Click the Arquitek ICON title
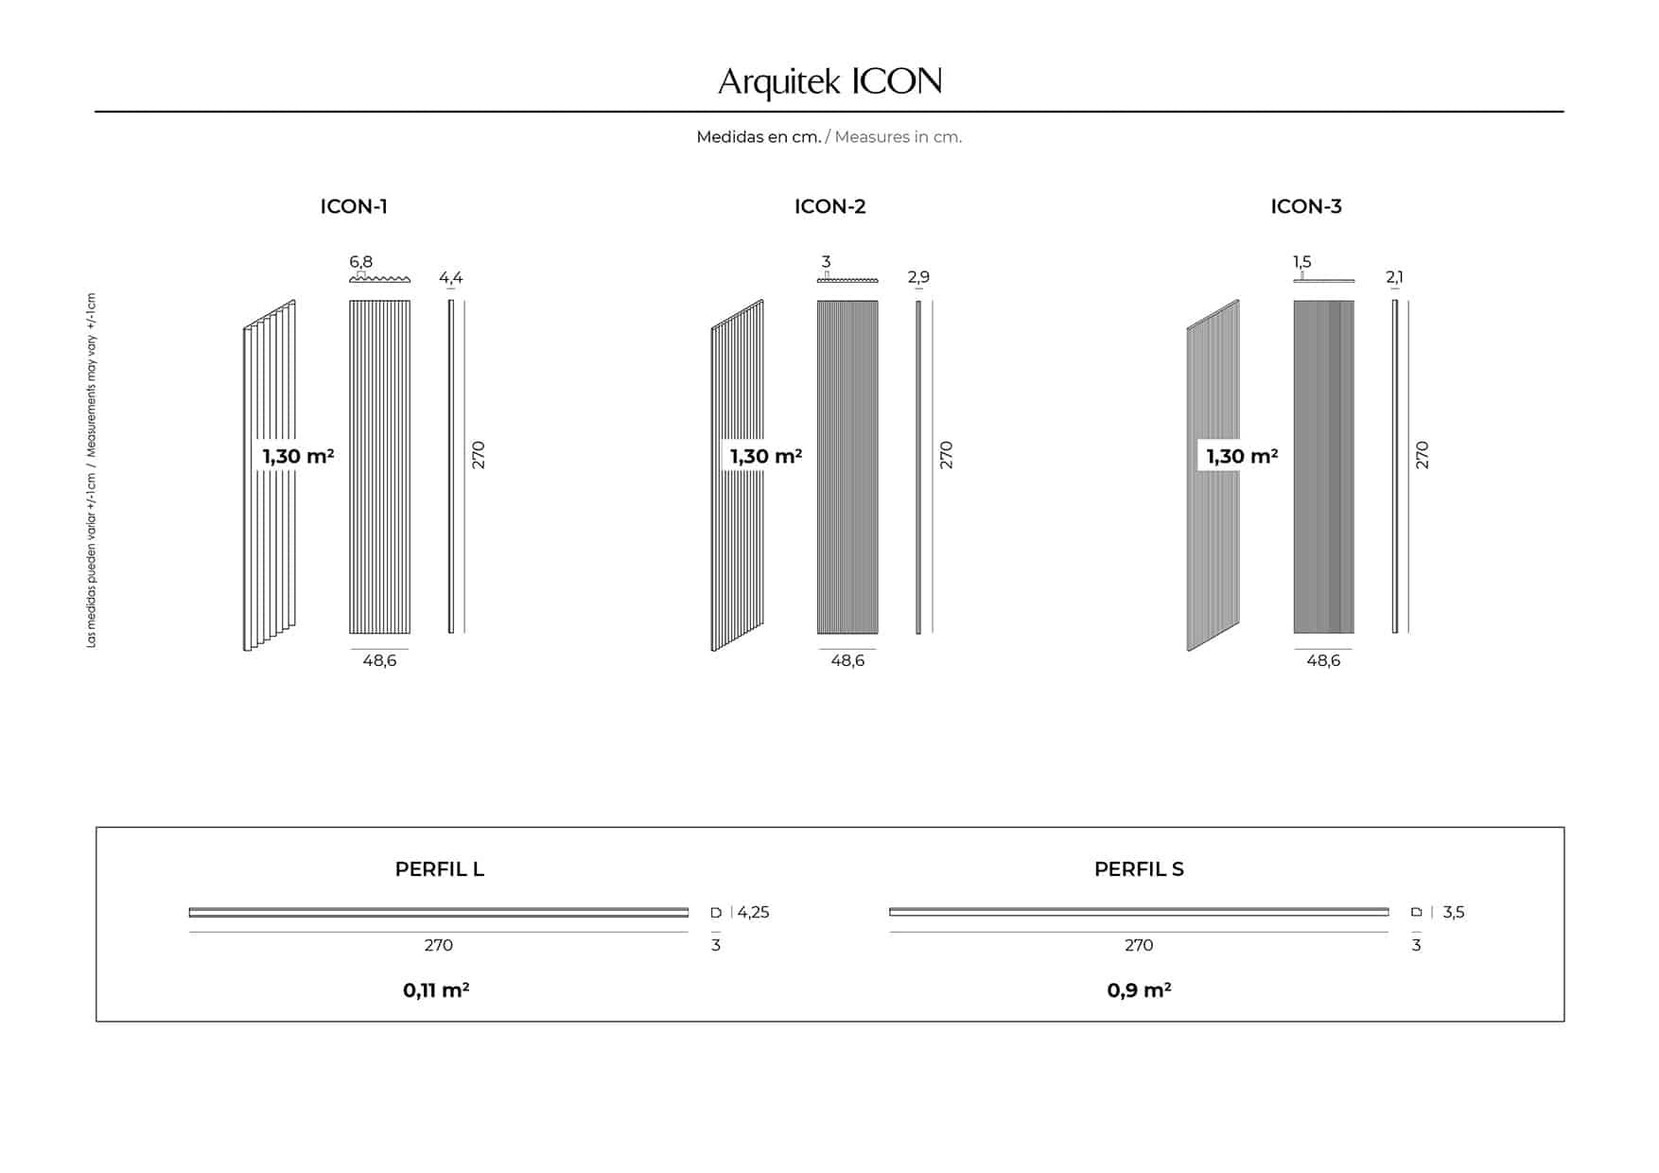829,82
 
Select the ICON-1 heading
354,206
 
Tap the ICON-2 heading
829,206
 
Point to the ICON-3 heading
1305,206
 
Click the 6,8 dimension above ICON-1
360,262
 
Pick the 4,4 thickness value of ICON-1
450,277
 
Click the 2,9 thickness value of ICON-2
918,277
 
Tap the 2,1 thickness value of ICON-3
1394,277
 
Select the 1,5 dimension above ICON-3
1301,262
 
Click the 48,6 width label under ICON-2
847,660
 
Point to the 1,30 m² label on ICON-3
1242,456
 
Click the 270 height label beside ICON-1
479,455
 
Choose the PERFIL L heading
440,869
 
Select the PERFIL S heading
1139,869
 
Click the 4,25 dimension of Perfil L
753,913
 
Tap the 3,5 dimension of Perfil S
1453,913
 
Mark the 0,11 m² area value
436,990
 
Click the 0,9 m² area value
1139,990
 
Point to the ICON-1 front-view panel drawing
379,467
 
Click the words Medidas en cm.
759,137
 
